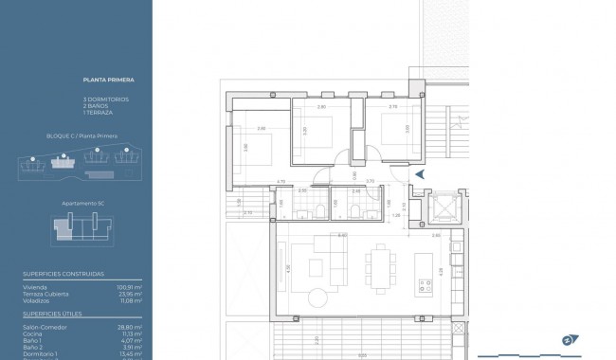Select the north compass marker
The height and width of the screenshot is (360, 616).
click(569, 340)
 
